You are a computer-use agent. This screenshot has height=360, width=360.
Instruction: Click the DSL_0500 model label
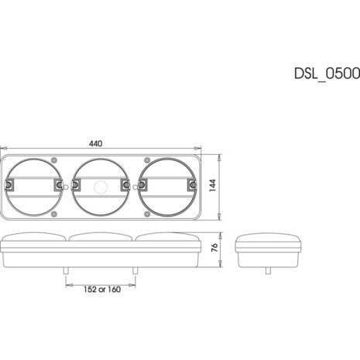click(x=327, y=74)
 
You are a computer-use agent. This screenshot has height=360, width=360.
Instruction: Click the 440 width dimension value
click(x=95, y=143)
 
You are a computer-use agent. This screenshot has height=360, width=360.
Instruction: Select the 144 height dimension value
click(x=213, y=185)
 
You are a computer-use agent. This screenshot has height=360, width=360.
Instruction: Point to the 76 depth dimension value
click(x=214, y=248)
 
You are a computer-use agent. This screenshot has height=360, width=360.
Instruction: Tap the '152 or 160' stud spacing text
click(x=102, y=290)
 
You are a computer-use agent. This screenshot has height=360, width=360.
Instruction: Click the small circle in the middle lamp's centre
click(x=100, y=187)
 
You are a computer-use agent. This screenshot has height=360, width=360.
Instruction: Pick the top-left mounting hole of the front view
click(x=54, y=160)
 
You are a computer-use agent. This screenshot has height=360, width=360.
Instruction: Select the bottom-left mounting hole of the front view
click(x=54, y=214)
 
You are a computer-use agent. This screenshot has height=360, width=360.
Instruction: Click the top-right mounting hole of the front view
click(x=147, y=160)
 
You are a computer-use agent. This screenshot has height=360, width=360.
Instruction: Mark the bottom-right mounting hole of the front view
click(x=147, y=214)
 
